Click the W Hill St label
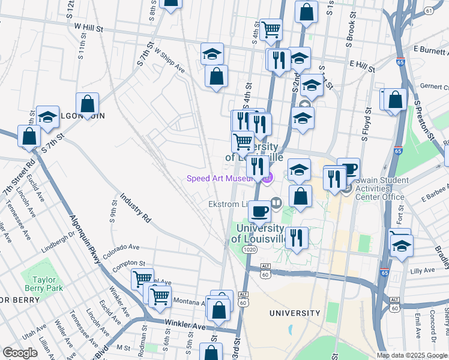[x=89, y=27]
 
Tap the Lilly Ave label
[x=421, y=271]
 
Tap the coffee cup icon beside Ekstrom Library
[x=259, y=211]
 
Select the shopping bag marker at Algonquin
[x=88, y=104]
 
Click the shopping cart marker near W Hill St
[x=271, y=28]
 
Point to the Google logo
[x=20, y=353]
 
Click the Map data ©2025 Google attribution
[x=411, y=355]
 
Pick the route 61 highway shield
[x=429, y=11]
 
